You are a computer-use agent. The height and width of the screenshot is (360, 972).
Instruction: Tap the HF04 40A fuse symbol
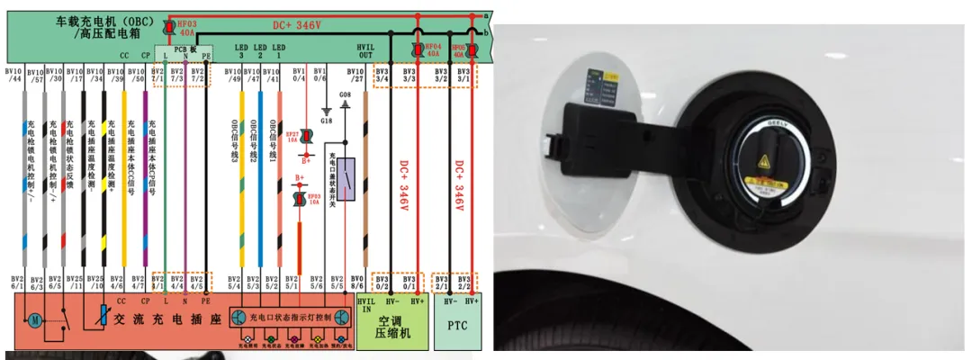[417, 49]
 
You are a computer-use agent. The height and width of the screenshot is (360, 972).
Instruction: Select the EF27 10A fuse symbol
[306, 136]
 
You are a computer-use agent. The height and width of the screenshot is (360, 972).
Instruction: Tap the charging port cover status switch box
[345, 178]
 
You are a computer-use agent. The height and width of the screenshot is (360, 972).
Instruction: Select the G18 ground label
[326, 120]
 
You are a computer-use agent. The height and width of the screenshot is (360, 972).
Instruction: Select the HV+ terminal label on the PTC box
[473, 300]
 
